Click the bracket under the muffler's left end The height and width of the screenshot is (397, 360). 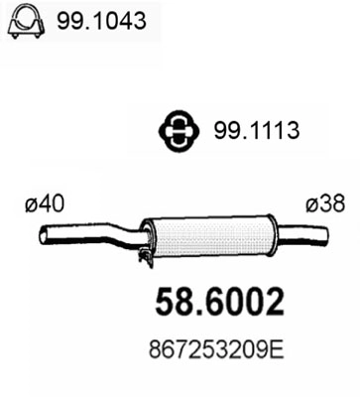tap(145, 256)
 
